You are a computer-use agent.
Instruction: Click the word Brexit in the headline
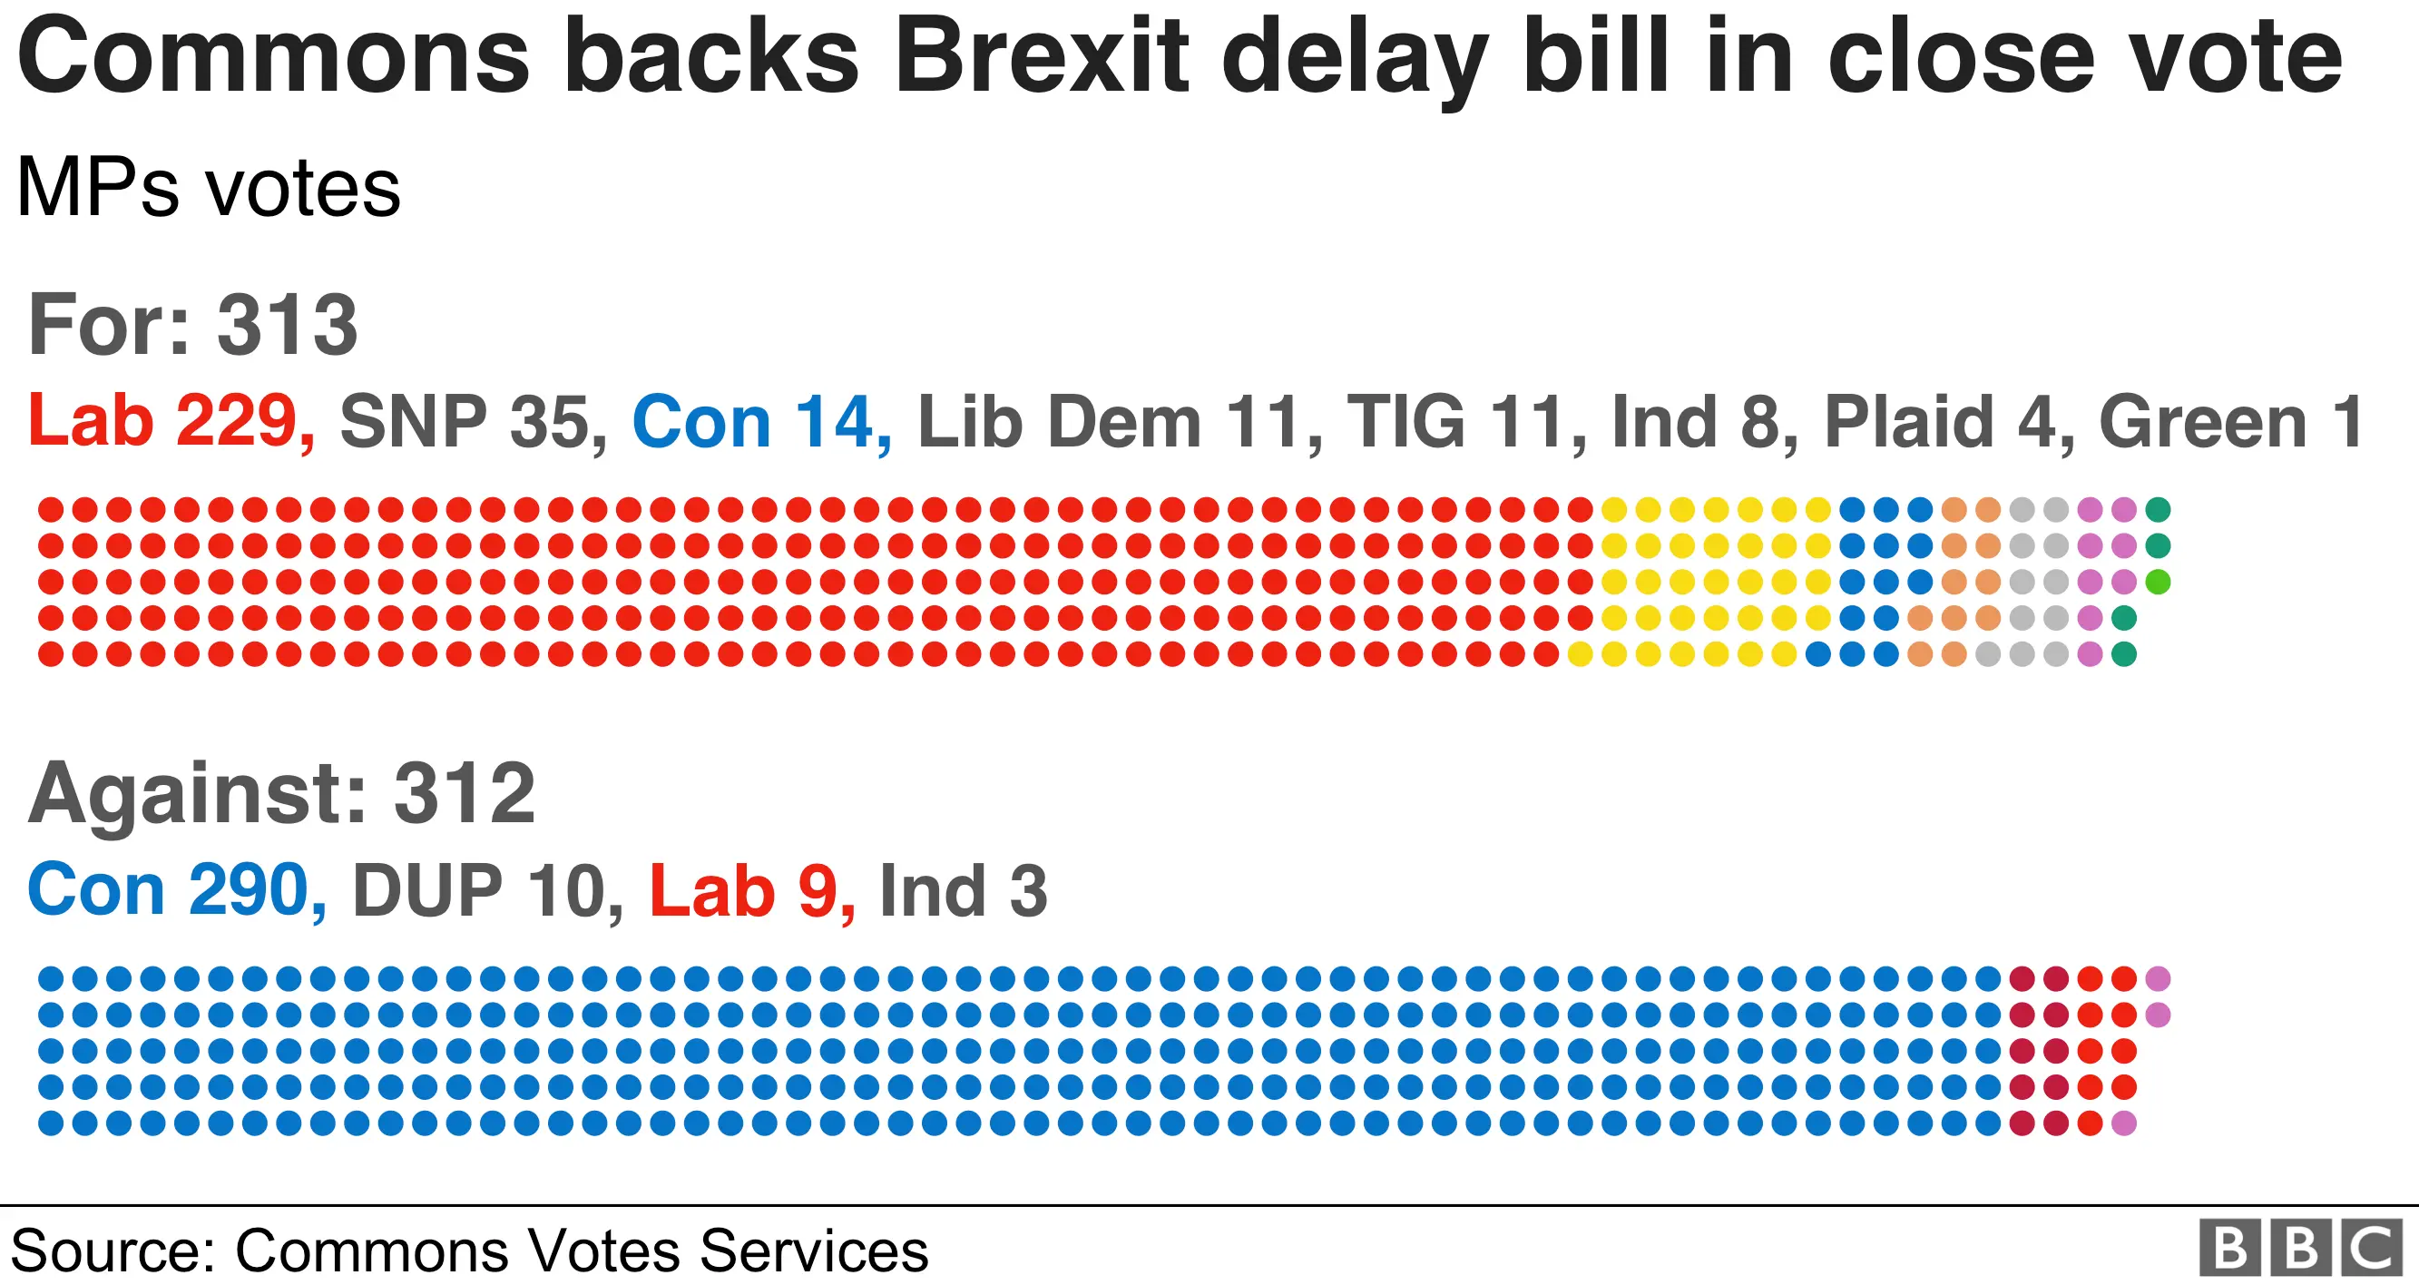(1042, 58)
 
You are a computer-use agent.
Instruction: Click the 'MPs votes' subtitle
(209, 188)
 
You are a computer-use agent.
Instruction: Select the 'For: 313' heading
(193, 325)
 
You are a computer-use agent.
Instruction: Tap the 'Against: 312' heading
(281, 794)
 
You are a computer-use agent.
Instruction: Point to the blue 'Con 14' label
(761, 423)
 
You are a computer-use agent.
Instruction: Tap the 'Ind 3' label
(963, 891)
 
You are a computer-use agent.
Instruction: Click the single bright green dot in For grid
(2158, 583)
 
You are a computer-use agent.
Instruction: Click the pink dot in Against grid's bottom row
(2124, 1123)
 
